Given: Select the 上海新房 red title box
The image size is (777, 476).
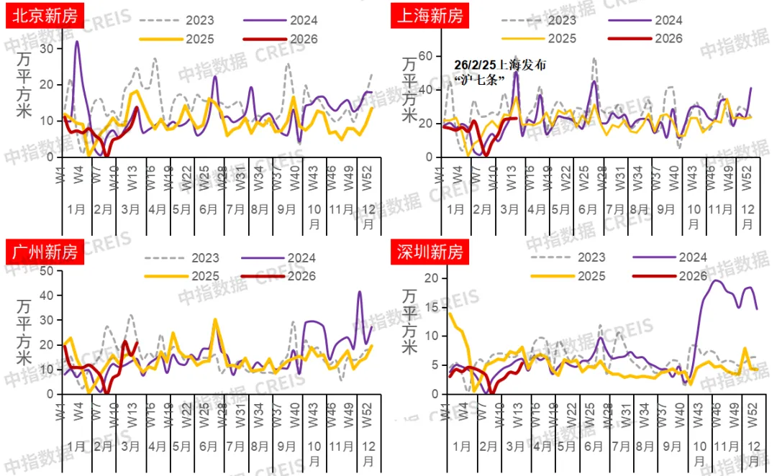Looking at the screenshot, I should (430, 14).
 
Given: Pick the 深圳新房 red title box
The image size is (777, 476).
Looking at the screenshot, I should (430, 252).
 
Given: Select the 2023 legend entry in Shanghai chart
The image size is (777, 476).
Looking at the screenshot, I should (564, 20).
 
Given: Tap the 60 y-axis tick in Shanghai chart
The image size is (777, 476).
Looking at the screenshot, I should (424, 56).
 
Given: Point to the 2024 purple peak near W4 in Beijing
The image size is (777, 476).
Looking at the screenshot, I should (77, 42).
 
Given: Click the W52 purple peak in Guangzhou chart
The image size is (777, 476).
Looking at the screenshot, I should (360, 292).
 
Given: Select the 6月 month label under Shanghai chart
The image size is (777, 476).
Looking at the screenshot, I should (587, 210).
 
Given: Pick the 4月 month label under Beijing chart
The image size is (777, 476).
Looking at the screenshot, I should (157, 210).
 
